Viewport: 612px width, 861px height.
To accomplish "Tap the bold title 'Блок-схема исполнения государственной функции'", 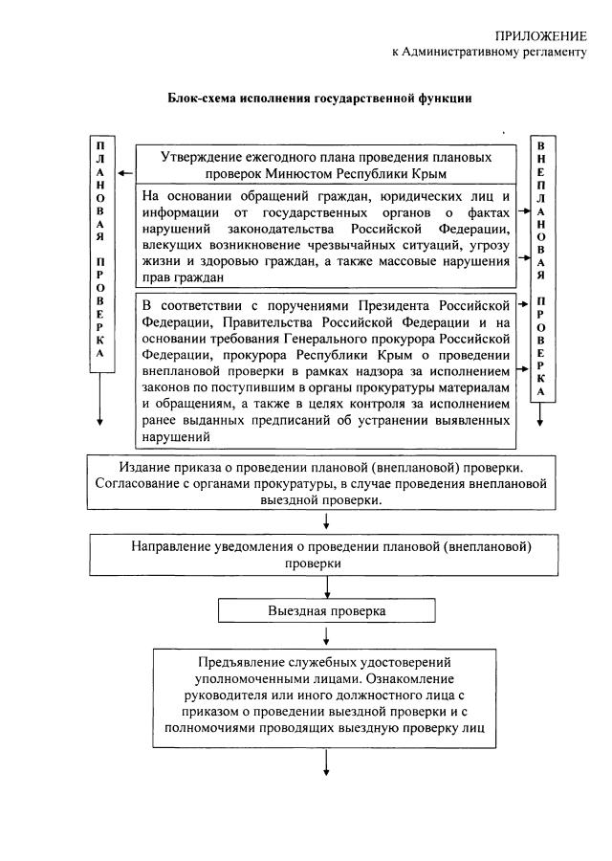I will [x=319, y=98].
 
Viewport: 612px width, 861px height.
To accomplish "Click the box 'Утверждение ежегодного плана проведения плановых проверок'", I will [x=326, y=164].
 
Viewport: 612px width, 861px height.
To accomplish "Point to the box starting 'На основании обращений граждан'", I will [x=326, y=235].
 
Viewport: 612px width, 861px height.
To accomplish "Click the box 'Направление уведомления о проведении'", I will [x=326, y=554].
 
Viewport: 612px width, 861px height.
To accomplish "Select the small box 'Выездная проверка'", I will [x=326, y=609].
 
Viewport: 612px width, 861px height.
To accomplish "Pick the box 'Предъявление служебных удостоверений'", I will [x=326, y=695].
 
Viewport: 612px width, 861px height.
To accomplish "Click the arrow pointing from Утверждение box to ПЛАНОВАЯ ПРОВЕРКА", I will [x=125, y=174].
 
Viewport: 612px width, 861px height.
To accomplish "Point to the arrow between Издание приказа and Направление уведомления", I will [x=327, y=521].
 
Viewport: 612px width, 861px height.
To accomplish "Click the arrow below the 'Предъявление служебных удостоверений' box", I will [x=327, y=761].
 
